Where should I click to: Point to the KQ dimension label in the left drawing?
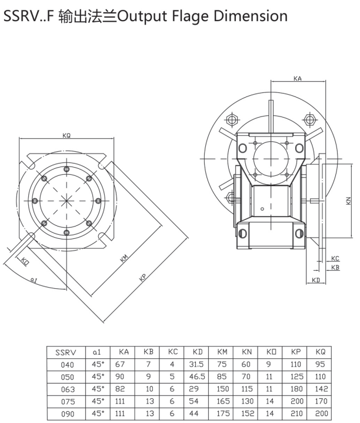coord(66,135)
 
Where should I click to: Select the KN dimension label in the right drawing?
coord(349,201)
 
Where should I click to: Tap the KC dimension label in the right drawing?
coord(335,258)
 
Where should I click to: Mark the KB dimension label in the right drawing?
coord(335,267)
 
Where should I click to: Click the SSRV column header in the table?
coord(64,352)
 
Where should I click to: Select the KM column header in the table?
coord(222,352)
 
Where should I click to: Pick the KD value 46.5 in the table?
coord(197,377)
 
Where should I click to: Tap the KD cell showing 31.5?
coord(197,364)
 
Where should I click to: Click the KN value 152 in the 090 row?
coord(246,413)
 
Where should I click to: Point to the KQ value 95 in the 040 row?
coord(320,364)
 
